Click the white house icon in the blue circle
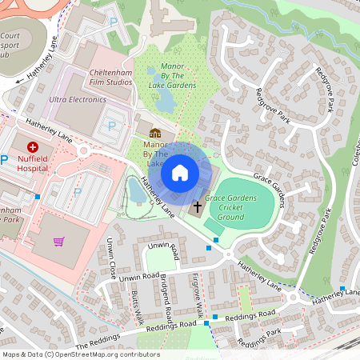[180, 173]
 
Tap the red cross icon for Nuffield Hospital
[34, 146]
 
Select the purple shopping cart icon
[58, 241]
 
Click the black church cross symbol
[197, 208]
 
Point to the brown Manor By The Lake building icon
[155, 133]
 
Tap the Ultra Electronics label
[78, 100]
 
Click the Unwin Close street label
[112, 255]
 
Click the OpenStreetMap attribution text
[80, 354]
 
